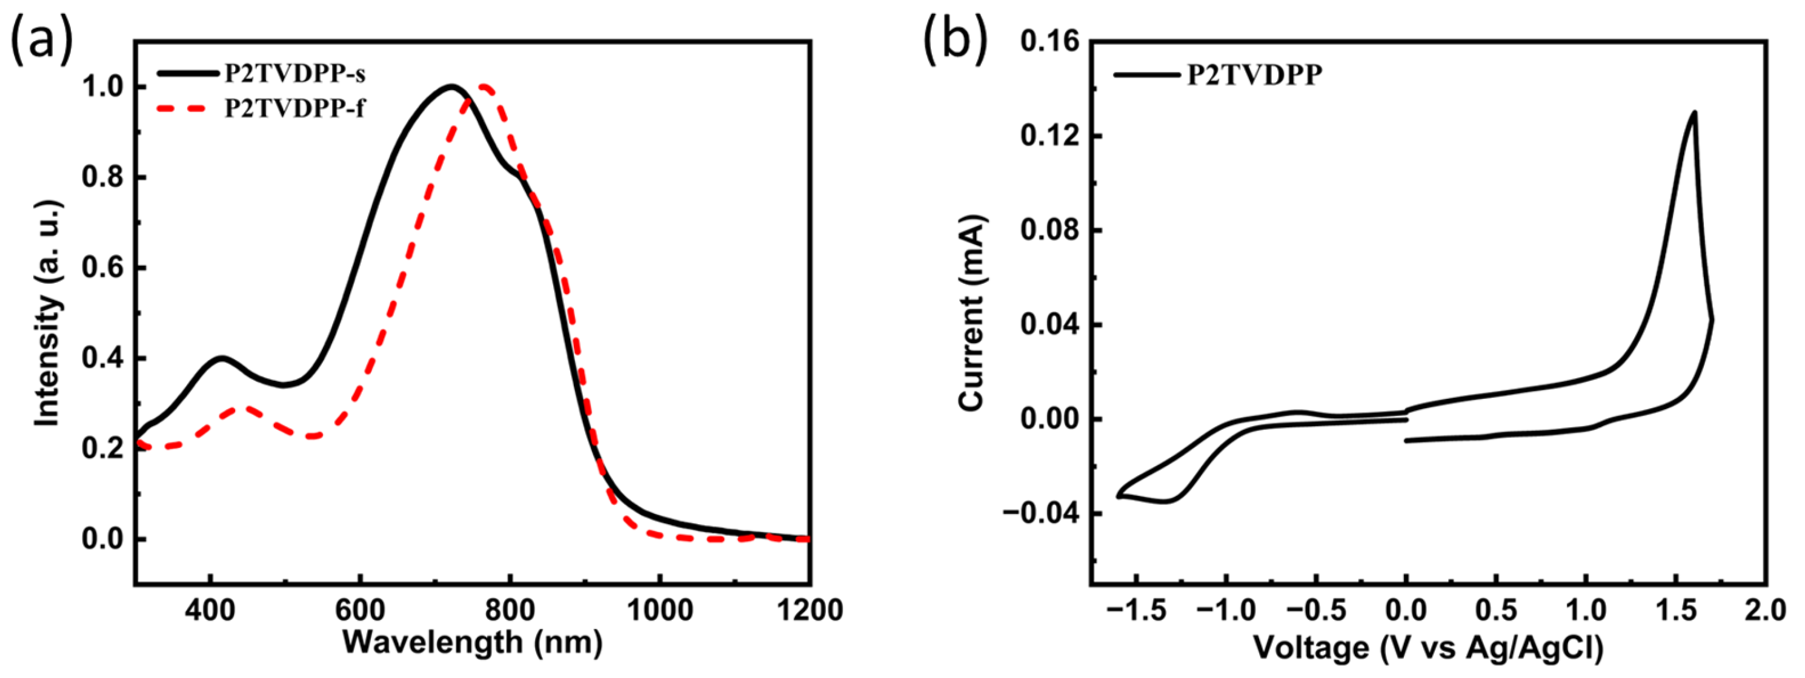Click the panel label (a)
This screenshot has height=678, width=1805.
point(41,40)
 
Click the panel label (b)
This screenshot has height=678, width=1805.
point(955,40)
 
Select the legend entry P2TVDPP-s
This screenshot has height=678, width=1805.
point(294,73)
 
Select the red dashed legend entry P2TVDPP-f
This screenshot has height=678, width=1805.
point(294,108)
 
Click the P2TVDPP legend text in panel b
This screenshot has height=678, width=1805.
point(1254,75)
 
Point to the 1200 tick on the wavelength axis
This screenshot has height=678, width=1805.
point(809,610)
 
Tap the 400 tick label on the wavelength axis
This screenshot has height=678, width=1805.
point(210,610)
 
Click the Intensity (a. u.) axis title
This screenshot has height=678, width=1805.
point(48,313)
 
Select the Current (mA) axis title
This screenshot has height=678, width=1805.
point(972,313)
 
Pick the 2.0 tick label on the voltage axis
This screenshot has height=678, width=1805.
point(1764,610)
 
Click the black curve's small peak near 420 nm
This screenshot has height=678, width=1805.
point(221,358)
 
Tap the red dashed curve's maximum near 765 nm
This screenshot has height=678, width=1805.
point(484,87)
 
